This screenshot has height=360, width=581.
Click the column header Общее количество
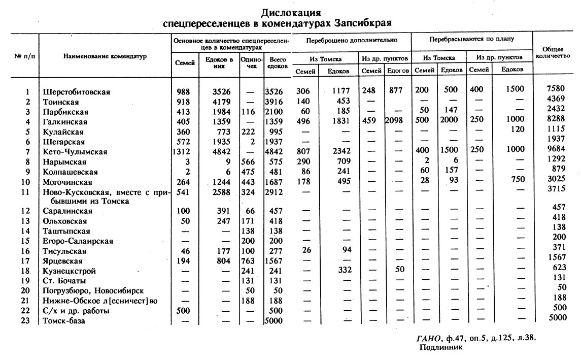556,52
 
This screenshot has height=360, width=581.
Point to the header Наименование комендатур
105,56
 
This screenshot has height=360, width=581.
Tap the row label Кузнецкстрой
70,271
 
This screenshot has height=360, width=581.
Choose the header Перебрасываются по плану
471,39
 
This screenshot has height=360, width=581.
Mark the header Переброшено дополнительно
352,39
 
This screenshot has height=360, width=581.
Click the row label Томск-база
64,321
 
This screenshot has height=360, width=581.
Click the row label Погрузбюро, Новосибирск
93,291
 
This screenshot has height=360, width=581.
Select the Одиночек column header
252,63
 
